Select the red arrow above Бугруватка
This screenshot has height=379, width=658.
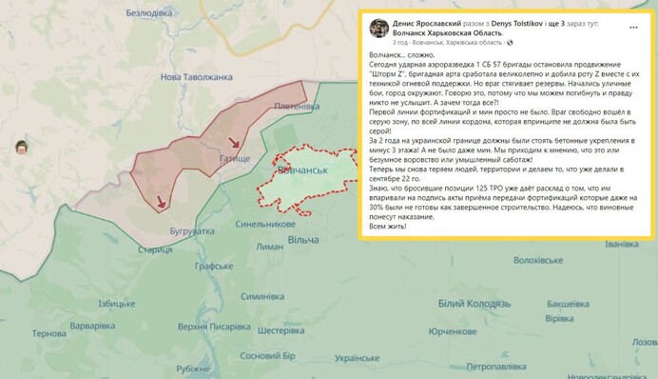(161, 201)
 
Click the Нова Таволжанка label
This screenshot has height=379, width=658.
(197, 77)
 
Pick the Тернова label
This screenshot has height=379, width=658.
(48, 334)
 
